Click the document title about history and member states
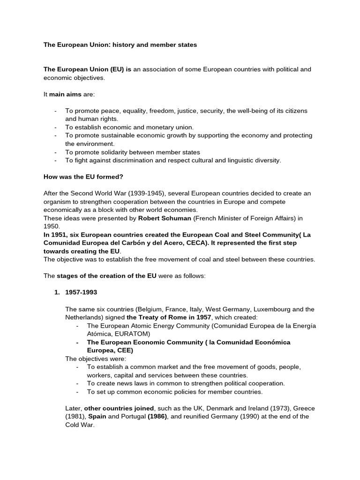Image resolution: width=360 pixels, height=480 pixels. (120, 45)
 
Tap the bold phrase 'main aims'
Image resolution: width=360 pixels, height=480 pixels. (65, 94)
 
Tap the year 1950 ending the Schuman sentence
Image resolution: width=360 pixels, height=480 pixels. (51, 226)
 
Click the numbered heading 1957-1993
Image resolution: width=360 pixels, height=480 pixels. (82, 292)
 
